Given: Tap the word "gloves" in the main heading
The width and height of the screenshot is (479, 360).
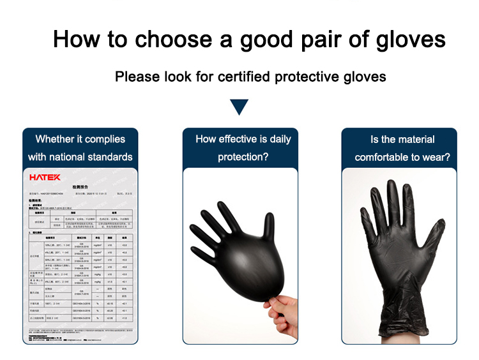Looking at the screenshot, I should pos(406,40).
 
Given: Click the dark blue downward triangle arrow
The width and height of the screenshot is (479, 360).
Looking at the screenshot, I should pos(239,107).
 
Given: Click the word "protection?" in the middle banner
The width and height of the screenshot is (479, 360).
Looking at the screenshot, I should pos(243,157).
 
